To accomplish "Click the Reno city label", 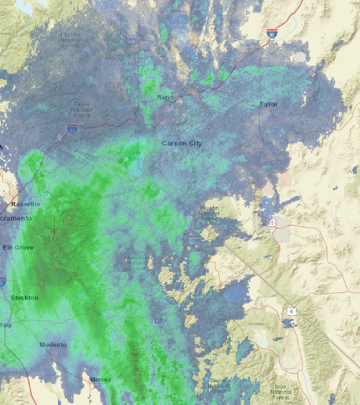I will (164, 97).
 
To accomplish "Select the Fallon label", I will (268, 103).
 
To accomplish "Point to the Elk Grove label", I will (17, 248).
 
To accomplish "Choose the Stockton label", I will (23, 298).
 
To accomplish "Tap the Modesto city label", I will (53, 345).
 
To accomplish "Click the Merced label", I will (99, 379).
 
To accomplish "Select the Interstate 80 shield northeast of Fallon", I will (270, 34).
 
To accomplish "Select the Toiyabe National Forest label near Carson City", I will (207, 212).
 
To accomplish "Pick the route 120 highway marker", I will (158, 322).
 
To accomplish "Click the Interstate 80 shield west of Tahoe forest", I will (71, 131).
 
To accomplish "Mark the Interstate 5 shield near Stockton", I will (2, 282).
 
